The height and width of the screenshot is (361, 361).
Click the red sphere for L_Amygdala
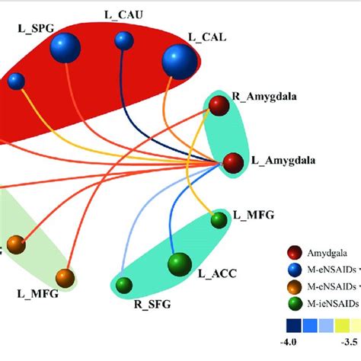[x=232, y=161]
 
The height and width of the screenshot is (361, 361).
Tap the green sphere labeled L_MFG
[x=219, y=221]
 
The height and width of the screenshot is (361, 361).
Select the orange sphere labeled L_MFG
[x=64, y=277]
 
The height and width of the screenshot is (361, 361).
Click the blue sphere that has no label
[x=16, y=81]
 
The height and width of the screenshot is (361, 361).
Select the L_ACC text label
[x=214, y=273]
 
